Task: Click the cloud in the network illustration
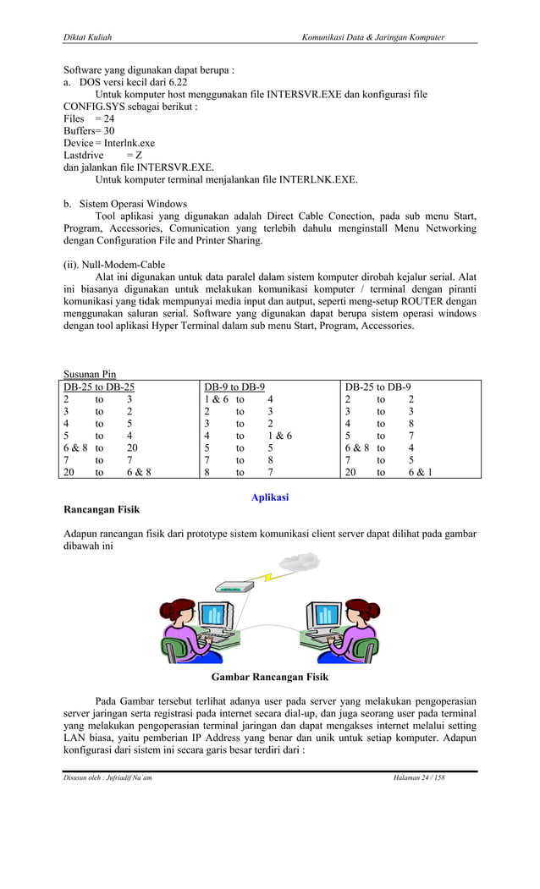coord(299,561)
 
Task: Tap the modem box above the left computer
coord(234,586)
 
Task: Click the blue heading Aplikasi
coord(270,497)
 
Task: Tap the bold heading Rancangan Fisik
coord(102,511)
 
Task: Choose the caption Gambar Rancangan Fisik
coord(269,678)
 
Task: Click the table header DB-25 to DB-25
coord(98,387)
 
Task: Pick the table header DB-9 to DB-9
coord(234,387)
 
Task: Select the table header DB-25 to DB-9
coord(377,387)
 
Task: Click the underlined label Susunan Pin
coord(90,375)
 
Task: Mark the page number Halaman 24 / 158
coord(419,778)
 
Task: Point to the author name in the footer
coord(107,778)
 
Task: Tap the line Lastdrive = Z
coord(102,156)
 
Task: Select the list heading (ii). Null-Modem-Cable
coord(114,265)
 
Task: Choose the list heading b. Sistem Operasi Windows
coord(125,204)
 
